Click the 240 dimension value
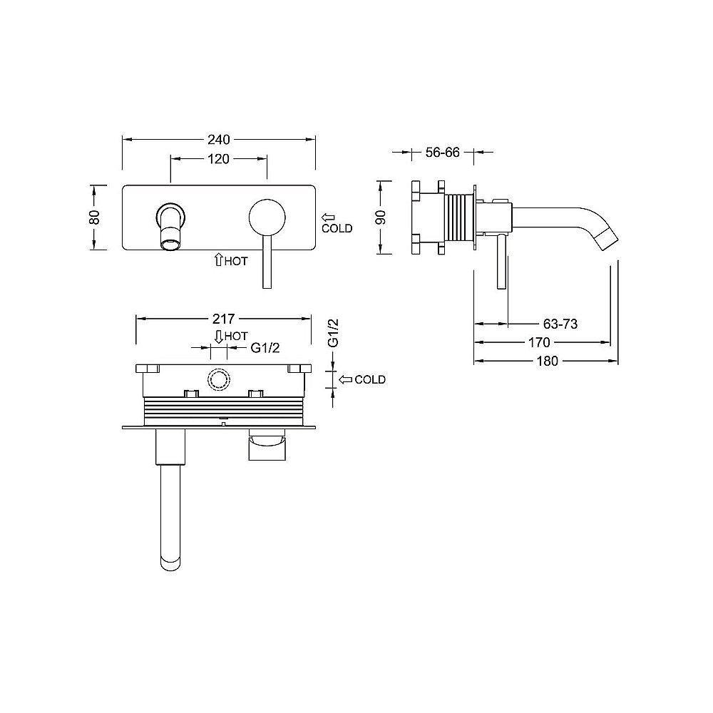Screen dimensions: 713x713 219,139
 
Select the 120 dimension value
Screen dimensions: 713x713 218,159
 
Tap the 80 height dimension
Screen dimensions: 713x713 94,217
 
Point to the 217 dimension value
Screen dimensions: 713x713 224,318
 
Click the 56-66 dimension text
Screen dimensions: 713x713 443,153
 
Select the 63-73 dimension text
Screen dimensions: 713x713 560,324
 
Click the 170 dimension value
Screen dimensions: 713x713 539,342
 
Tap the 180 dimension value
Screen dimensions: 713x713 547,361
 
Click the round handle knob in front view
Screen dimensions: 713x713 267,217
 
